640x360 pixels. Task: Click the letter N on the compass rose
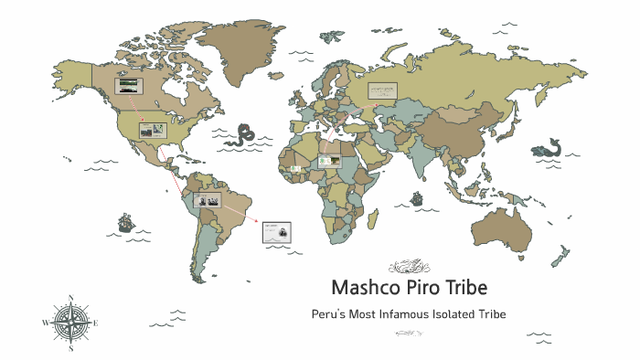click(x=71, y=298)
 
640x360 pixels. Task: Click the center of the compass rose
click(x=71, y=323)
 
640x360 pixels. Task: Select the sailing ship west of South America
click(x=125, y=222)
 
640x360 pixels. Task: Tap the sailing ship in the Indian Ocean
click(x=416, y=197)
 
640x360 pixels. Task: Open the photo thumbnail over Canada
click(x=130, y=88)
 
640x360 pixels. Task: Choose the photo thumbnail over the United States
click(x=152, y=131)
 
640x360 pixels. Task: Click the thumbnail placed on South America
click(x=207, y=200)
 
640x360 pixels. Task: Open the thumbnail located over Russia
click(x=383, y=90)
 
